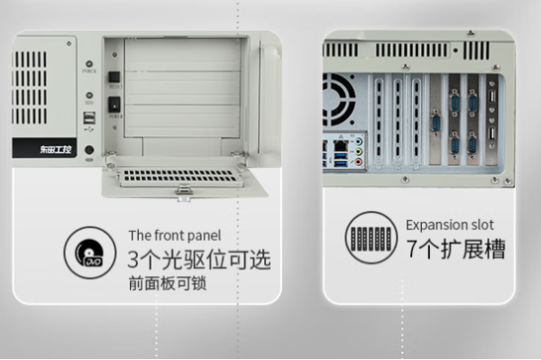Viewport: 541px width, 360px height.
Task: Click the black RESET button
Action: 115,77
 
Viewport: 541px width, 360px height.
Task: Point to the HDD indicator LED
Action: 90,93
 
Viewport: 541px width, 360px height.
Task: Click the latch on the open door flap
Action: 184,189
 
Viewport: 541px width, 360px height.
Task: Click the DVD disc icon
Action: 90,252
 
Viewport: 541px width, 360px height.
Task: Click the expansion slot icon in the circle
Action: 369,238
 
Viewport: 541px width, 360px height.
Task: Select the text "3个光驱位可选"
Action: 199,261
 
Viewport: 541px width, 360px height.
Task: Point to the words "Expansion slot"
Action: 449,225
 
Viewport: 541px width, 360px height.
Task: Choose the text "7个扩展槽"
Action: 455,250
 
